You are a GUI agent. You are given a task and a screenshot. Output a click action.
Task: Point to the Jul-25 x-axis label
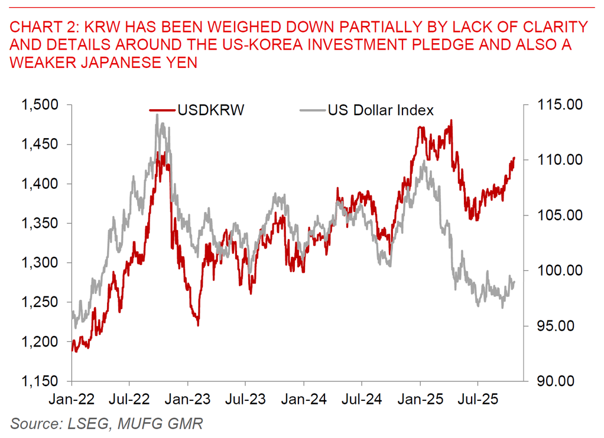click(x=478, y=399)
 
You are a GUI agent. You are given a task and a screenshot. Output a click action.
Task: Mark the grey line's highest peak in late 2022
click(x=157, y=115)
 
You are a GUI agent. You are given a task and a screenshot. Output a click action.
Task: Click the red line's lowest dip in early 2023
click(x=198, y=325)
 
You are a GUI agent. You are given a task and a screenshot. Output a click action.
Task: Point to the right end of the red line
click(x=515, y=158)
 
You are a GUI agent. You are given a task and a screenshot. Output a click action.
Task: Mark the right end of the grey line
click(x=515, y=282)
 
